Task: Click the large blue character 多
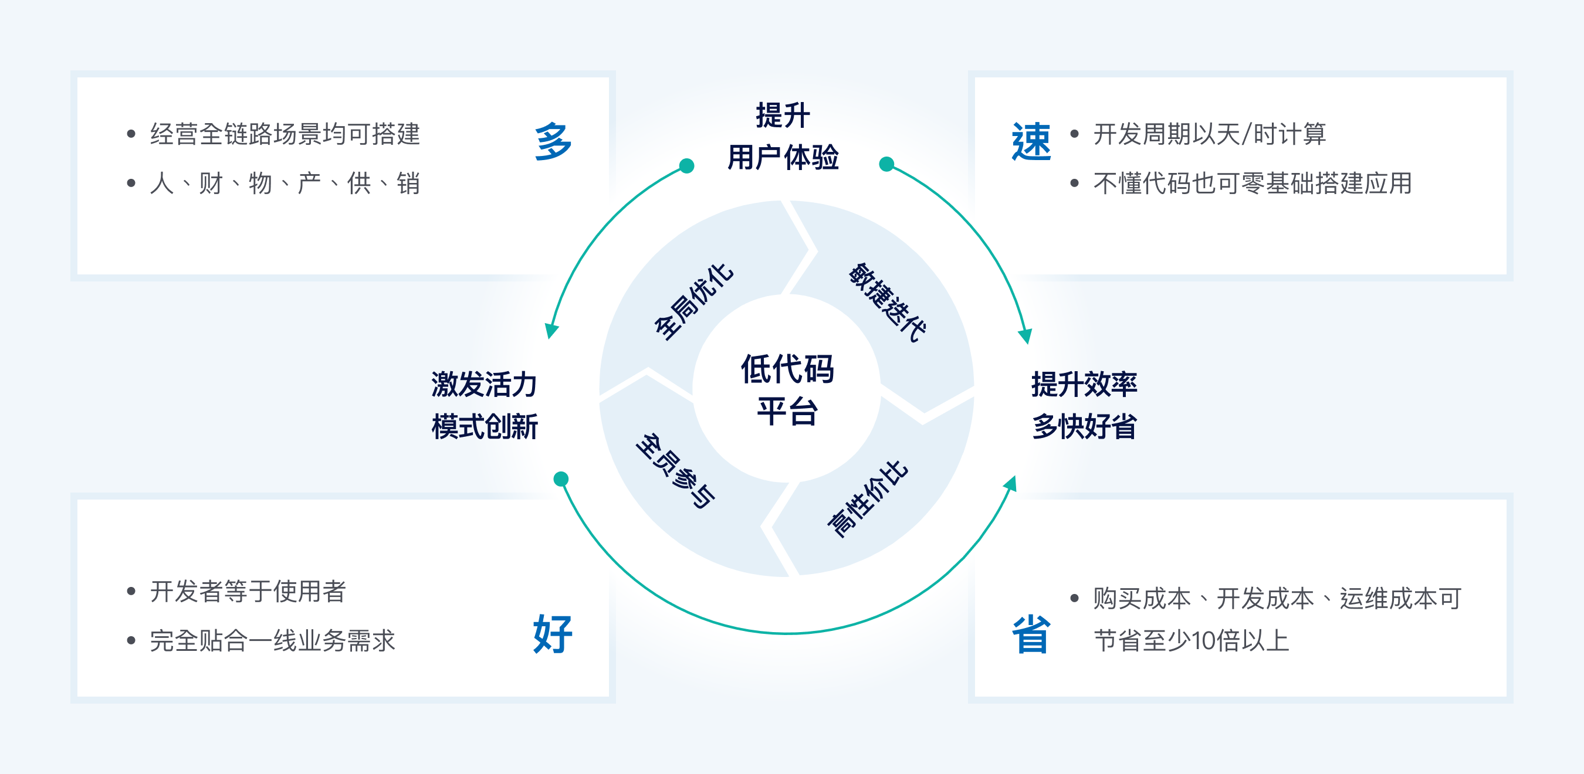coord(553,141)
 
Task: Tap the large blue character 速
coord(1031,141)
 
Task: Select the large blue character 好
coord(553,633)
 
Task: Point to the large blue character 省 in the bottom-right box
coord(1031,634)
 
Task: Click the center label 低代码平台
coord(787,389)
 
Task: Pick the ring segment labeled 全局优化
coord(693,301)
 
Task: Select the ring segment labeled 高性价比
coord(867,498)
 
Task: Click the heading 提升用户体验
coord(783,136)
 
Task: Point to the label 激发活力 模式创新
coord(485,405)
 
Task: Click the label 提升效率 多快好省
coord(1084,405)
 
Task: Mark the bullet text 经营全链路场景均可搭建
coord(285,134)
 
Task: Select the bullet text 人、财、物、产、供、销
coord(285,183)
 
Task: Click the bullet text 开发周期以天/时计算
coord(1210,134)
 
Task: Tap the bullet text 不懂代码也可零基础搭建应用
coord(1253,183)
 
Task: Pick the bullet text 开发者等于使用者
coord(248,592)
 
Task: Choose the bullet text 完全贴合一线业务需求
coord(272,640)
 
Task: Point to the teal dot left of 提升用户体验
coord(687,166)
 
